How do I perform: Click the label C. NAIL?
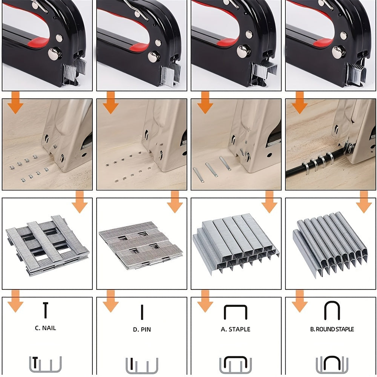tap(46, 328)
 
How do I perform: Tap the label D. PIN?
tap(142, 329)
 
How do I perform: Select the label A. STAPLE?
tap(236, 329)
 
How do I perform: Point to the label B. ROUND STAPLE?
tap(332, 329)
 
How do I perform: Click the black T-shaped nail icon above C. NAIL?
tap(46, 310)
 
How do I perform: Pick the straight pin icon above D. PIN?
tap(142, 312)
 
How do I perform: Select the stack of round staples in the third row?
tap(330, 244)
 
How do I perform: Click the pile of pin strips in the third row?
tap(141, 245)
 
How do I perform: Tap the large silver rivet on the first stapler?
tap(54, 54)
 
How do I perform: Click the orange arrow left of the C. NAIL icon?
tap(15, 301)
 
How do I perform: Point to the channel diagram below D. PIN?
tap(142, 366)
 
